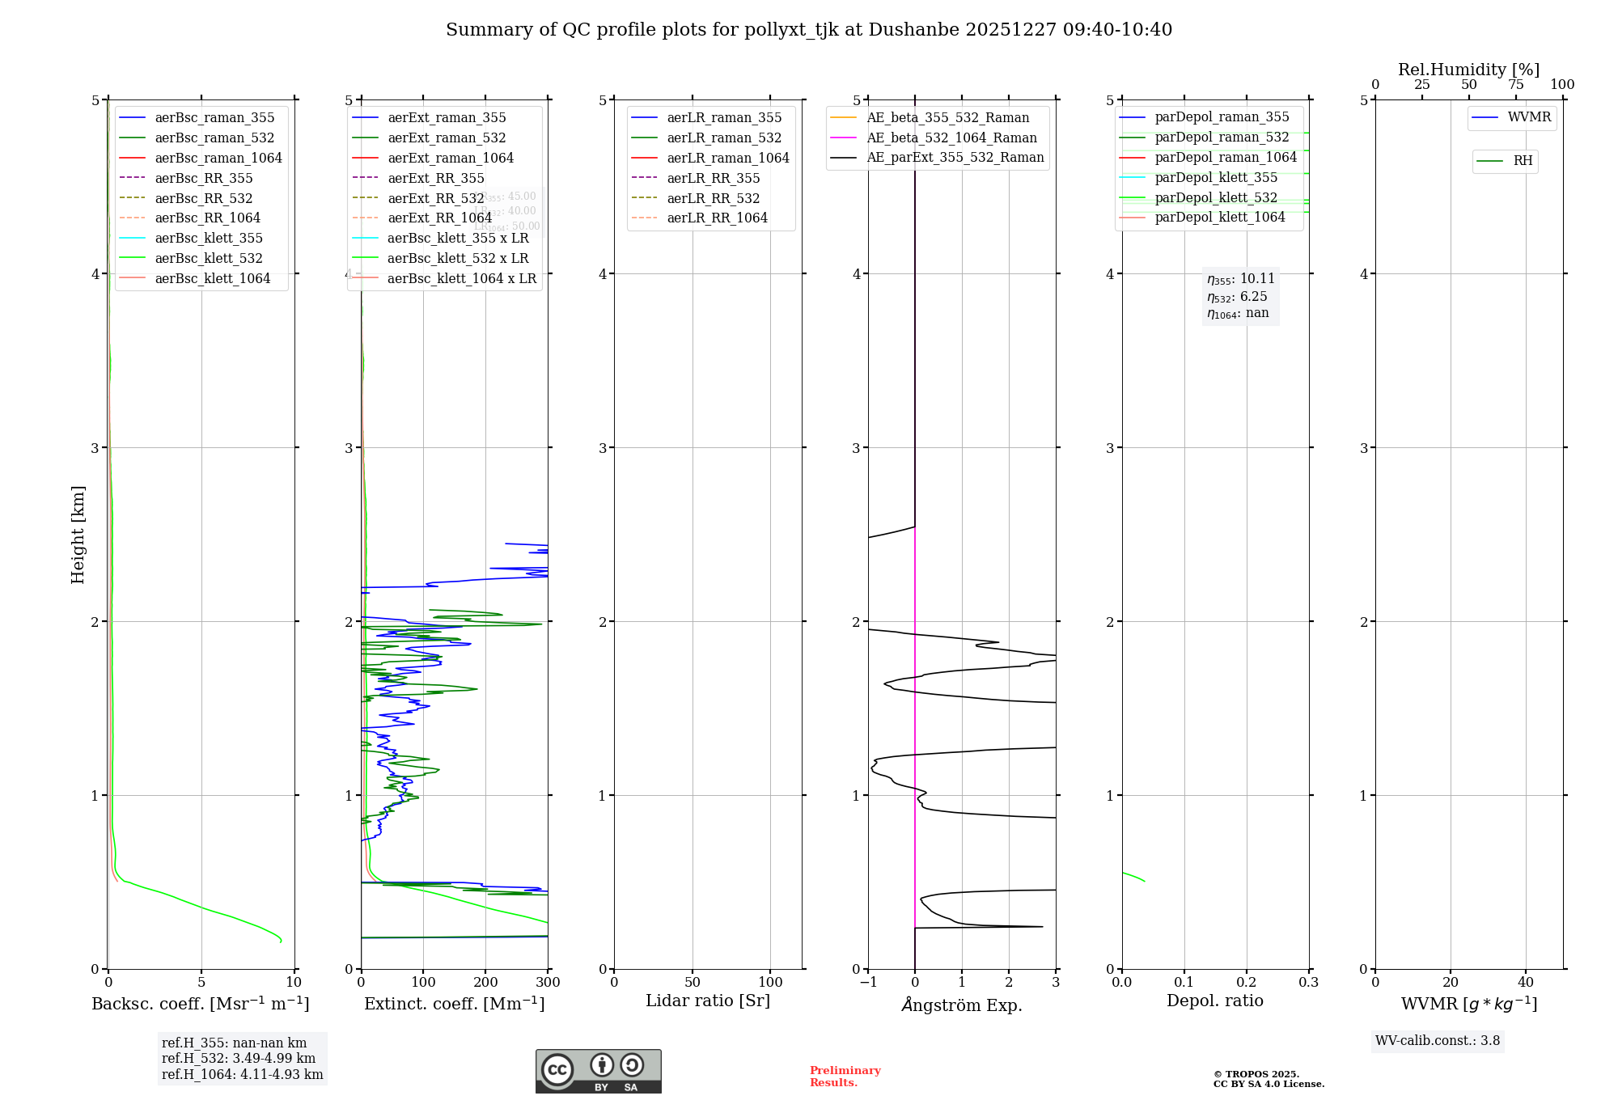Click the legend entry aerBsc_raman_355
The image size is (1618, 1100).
point(214,118)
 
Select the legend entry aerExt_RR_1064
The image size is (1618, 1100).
point(439,218)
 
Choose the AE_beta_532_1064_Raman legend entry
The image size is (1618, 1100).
point(951,138)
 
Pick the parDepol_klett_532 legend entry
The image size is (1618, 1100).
point(1216,198)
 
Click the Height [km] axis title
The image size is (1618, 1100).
point(78,535)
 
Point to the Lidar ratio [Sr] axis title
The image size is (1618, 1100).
point(708,1001)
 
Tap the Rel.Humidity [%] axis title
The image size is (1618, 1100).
point(1468,70)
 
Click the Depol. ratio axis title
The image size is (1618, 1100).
point(1214,1001)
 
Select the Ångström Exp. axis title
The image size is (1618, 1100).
point(962,1005)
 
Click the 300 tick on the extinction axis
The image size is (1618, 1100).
point(548,983)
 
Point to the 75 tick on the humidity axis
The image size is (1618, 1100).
point(1515,85)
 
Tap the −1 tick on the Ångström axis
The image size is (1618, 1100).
point(868,983)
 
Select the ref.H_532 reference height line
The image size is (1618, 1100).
point(239,1059)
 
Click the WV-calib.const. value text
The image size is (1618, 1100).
point(1438,1041)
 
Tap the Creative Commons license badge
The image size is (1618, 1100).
point(598,1071)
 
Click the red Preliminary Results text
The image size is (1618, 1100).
point(845,1077)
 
